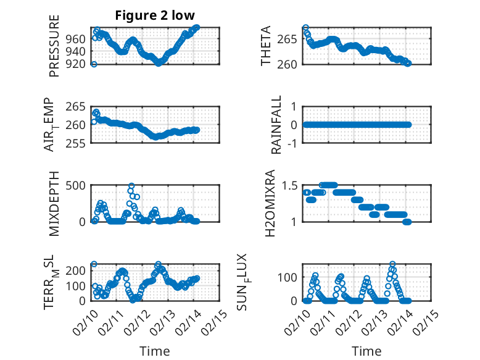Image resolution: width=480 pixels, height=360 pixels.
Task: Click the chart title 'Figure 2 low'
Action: (x=155, y=15)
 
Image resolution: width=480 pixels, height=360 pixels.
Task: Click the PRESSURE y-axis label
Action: (x=54, y=50)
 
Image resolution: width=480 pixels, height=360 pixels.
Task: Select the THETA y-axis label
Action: (x=266, y=46)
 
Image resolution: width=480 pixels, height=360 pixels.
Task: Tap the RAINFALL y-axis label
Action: (x=277, y=124)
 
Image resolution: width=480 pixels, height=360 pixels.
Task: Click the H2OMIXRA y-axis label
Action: (x=270, y=203)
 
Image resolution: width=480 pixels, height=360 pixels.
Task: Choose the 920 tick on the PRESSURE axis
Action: (x=79, y=64)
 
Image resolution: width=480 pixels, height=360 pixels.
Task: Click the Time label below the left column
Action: (x=154, y=351)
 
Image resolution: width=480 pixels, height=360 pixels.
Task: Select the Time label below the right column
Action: (x=366, y=351)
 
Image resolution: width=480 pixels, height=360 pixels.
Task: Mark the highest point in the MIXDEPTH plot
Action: (x=131, y=186)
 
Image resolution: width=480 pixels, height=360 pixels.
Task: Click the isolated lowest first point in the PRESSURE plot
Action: (x=94, y=64)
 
